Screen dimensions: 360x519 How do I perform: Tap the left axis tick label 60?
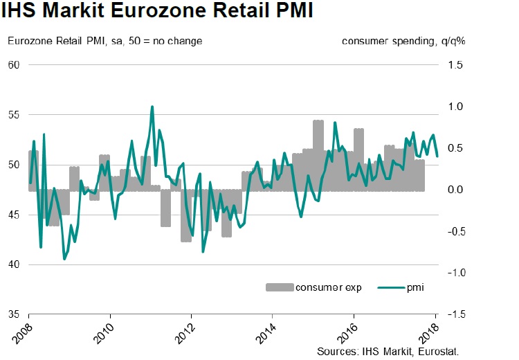point(13,65)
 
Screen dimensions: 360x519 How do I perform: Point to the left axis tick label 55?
point(13,115)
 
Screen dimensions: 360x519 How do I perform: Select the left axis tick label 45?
point(13,215)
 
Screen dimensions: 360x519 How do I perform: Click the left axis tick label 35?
point(13,314)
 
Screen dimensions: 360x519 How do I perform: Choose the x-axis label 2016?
point(345,337)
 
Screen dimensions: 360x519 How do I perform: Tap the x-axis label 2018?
point(426,337)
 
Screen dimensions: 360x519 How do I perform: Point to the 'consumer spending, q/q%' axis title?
point(403,40)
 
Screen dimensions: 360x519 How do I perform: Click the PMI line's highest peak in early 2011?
point(152,107)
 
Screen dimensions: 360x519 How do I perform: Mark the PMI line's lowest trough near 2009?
point(64,259)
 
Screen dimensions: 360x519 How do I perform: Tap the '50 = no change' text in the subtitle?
point(168,40)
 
